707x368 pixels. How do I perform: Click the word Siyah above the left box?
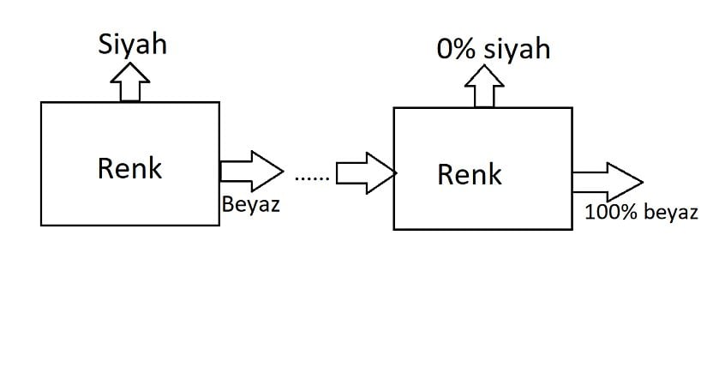click(132, 44)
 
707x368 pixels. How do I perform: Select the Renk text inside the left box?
click(129, 167)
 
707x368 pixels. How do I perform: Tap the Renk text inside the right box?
click(469, 174)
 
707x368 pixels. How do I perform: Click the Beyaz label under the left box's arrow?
click(250, 205)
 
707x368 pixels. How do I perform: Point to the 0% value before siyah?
click(455, 49)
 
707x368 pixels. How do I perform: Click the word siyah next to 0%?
click(516, 49)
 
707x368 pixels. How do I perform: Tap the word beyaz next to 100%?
click(670, 213)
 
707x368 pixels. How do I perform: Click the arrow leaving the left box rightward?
click(251, 170)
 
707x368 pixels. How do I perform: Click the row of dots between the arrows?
click(310, 178)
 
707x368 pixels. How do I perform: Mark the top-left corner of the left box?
click(41, 102)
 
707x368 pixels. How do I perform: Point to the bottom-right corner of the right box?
click(572, 229)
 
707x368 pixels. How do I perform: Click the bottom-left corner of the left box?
click(41, 226)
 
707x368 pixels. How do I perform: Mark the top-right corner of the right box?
click(572, 107)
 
